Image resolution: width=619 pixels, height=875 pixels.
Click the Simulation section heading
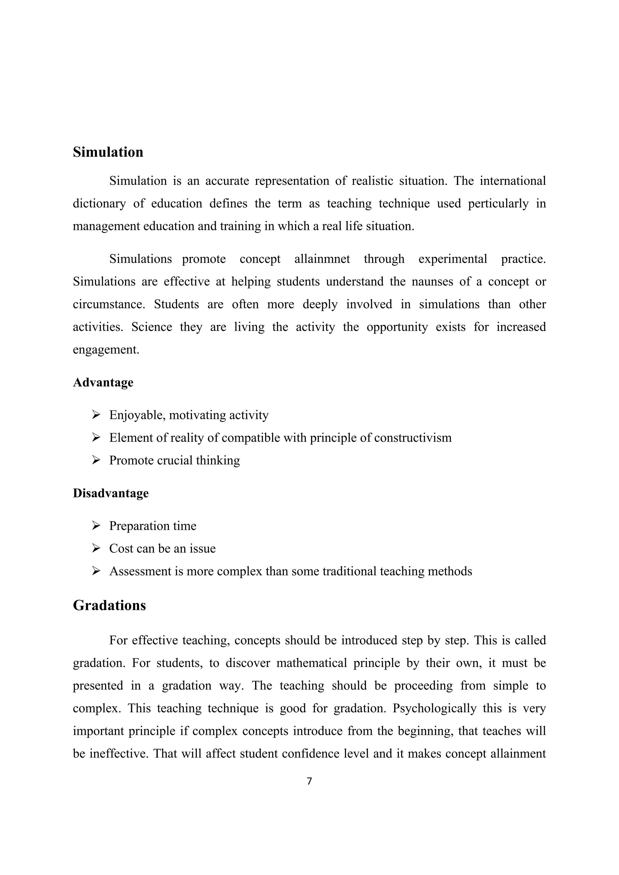(x=108, y=152)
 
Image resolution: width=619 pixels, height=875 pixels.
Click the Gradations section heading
(x=109, y=606)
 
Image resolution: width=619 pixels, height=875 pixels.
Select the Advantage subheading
(x=103, y=382)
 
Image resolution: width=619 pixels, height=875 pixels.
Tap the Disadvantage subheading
(x=111, y=493)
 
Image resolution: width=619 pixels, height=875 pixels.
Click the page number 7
(x=309, y=781)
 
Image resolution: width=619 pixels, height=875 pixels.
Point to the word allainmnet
(x=322, y=259)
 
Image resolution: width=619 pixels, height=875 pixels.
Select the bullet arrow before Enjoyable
(x=96, y=415)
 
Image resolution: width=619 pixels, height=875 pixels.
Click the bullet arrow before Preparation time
(x=96, y=526)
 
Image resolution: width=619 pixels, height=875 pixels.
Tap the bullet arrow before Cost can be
(x=96, y=548)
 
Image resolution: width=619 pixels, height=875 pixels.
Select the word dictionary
(x=99, y=204)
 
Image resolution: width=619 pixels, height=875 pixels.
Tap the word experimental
(x=452, y=259)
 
